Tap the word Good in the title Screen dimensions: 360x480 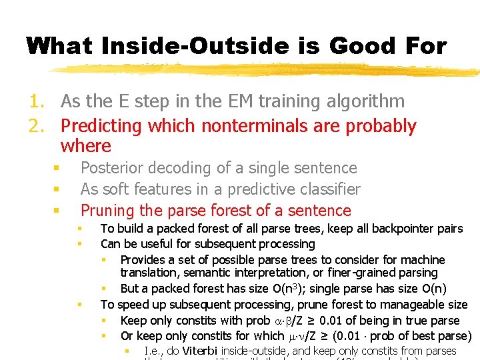point(350,45)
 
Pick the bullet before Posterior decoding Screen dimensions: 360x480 point(57,168)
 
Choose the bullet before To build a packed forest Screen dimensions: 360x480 point(79,229)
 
